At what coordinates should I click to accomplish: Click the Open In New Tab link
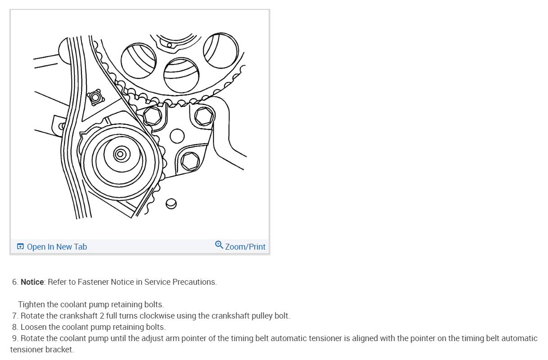(57, 247)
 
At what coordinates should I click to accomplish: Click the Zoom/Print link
(245, 247)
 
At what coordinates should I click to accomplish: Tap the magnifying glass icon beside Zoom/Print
(219, 245)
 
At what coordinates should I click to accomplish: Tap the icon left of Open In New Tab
(20, 246)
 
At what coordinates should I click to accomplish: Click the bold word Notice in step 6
(32, 282)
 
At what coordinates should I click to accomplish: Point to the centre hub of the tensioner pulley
(120, 154)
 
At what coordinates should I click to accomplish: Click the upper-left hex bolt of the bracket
(152, 115)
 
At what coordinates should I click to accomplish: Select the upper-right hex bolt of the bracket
(204, 116)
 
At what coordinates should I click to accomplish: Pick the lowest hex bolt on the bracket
(190, 161)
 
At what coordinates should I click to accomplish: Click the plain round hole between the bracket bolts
(177, 136)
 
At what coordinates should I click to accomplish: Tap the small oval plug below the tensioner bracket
(171, 204)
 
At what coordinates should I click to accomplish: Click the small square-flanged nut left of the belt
(95, 97)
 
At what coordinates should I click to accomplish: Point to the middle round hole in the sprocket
(181, 75)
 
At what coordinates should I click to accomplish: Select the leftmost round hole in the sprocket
(139, 61)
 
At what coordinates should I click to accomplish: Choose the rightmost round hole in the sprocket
(221, 50)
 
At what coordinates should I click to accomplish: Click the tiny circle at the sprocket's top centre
(169, 45)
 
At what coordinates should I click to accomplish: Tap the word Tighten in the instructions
(32, 305)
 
